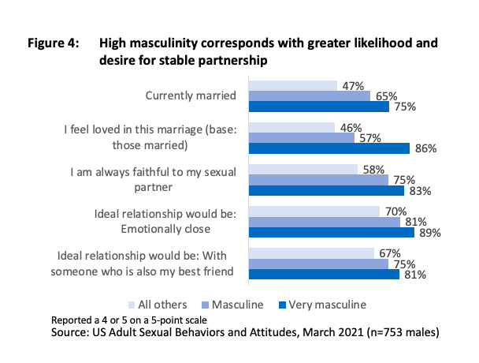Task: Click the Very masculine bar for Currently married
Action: (318, 107)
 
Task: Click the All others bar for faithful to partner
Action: (303, 169)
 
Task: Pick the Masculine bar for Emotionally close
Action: (324, 222)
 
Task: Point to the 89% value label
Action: (430, 233)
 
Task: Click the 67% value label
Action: (387, 253)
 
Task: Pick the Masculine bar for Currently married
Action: (309, 96)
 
